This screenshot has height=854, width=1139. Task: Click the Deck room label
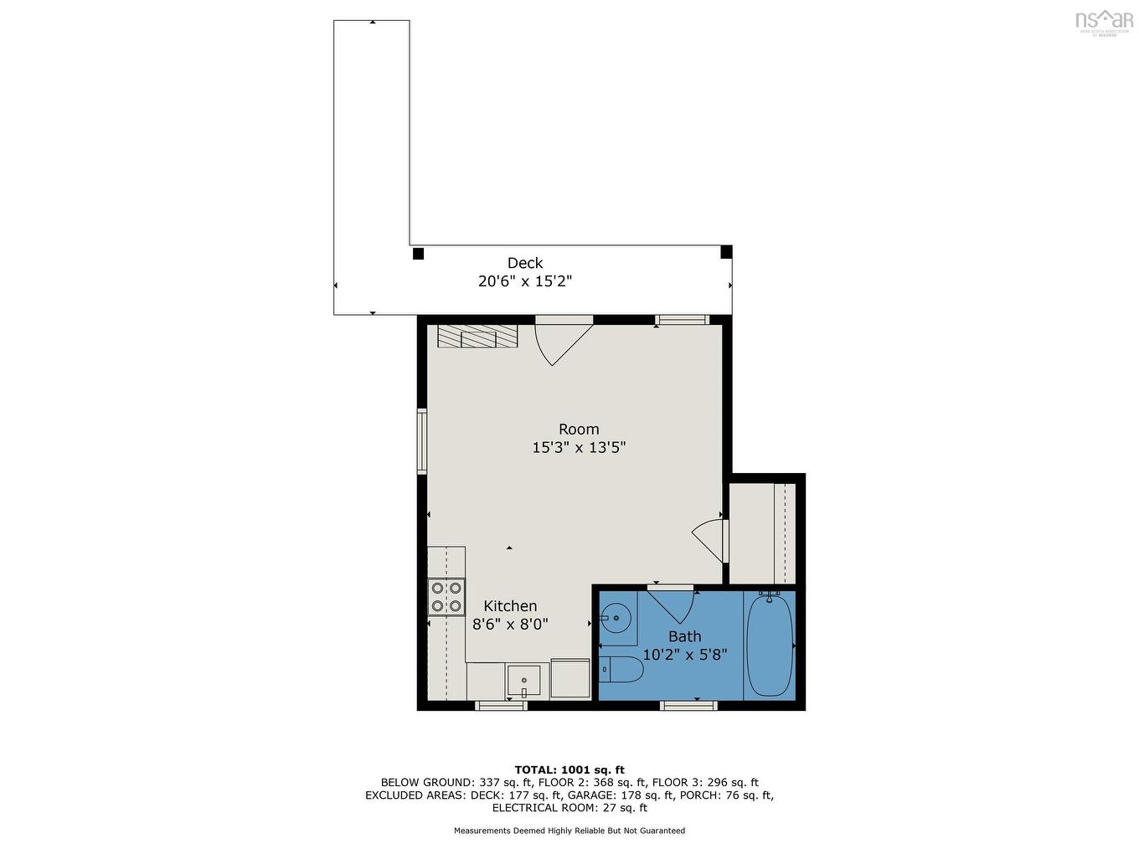[x=525, y=263]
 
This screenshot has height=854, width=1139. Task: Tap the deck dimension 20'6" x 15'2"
[x=525, y=281]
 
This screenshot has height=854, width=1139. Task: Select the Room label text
[x=579, y=430]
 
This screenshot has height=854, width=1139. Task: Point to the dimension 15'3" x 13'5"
[x=579, y=448]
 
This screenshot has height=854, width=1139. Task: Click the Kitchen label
[x=510, y=606]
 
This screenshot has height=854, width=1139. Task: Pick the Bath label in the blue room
[x=684, y=636]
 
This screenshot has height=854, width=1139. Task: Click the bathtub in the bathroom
[x=770, y=644]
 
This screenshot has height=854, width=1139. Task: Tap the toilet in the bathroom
[x=621, y=669]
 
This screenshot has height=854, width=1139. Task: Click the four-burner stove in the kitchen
[x=446, y=597]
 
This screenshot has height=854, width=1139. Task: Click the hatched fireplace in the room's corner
[x=477, y=336]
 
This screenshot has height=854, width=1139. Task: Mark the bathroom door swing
[x=672, y=604]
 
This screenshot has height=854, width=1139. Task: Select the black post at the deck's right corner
[x=726, y=251]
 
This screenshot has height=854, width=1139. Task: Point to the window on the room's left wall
[x=422, y=441]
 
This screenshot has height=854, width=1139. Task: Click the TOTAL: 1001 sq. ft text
[x=569, y=769]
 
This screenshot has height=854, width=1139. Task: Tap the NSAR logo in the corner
[x=1104, y=21]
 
